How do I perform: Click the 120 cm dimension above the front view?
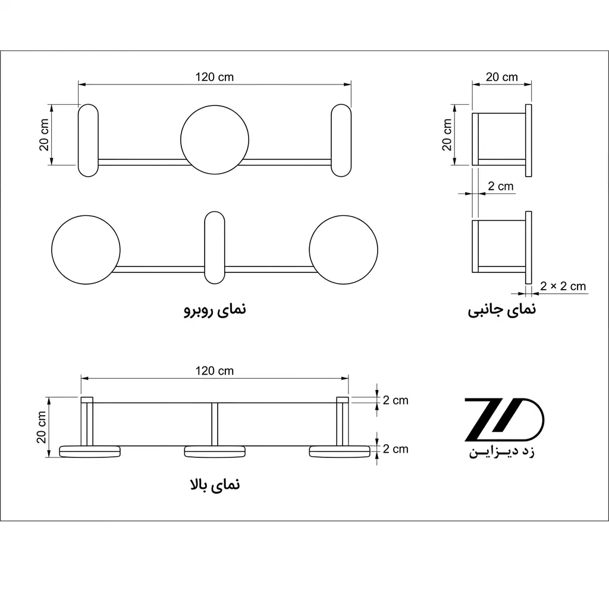214,77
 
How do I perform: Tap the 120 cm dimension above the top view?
214,371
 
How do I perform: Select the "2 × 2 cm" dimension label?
563,286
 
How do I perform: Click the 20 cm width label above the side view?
502,77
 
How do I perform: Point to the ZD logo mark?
504,419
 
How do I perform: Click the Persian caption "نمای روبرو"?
215,309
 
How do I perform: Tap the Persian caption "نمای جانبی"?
502,309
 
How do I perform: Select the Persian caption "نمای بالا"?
215,484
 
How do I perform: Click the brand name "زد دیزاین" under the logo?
502,452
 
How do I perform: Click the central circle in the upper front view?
215,139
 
